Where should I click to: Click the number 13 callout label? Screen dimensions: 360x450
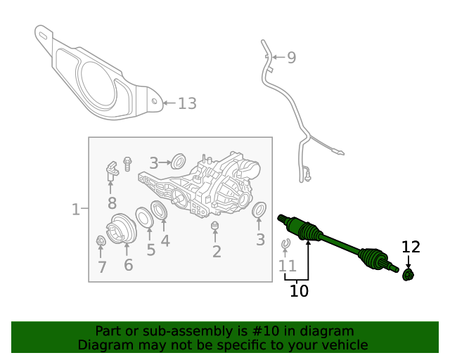[x=186, y=104]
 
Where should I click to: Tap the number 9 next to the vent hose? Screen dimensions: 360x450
[x=291, y=58]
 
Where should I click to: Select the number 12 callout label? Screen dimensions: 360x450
[x=411, y=247]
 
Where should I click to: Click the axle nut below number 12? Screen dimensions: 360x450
[x=408, y=274]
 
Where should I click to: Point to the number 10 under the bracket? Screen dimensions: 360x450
[x=299, y=290]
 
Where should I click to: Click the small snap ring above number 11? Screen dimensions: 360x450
[x=285, y=245]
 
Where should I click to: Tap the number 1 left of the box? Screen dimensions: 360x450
[x=76, y=209]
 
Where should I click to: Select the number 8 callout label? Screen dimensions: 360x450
[x=112, y=204]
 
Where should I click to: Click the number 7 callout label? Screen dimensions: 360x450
[x=102, y=266]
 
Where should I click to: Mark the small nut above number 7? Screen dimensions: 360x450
[x=101, y=243]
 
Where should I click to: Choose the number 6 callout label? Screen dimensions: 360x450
[x=128, y=265]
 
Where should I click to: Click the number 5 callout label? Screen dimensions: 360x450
[x=150, y=250]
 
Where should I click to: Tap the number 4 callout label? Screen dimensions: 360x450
[x=165, y=241]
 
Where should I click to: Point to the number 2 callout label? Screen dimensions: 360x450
[x=217, y=251]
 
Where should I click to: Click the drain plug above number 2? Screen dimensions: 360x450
[x=216, y=226]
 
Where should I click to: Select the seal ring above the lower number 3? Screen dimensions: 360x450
[x=259, y=210]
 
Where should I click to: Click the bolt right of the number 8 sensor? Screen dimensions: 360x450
[x=127, y=163]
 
